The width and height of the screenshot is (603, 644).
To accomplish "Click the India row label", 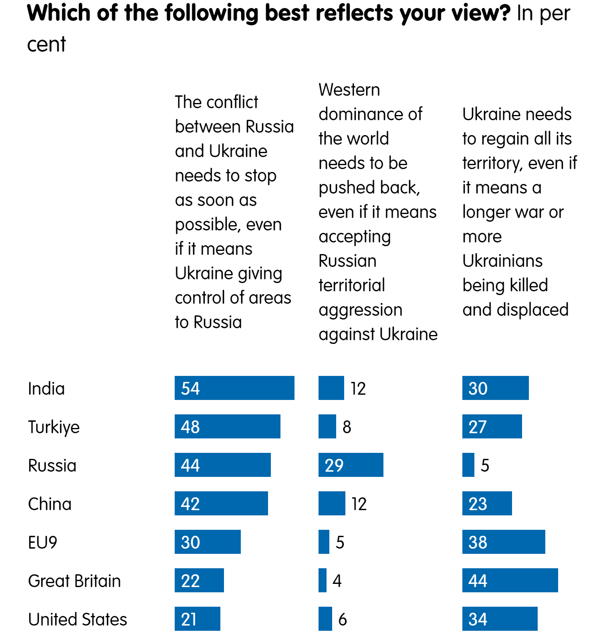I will click(46, 389).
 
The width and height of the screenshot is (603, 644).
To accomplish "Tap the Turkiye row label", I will click(54, 427).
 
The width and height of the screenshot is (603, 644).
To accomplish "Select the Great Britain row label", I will click(74, 581).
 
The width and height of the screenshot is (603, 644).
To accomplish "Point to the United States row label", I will click(77, 620).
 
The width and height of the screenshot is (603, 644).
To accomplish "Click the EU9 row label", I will click(42, 543).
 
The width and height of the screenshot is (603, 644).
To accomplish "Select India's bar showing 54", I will click(234, 388).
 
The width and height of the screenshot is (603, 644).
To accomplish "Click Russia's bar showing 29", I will click(351, 465).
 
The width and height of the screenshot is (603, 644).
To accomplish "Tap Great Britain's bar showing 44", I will click(510, 580).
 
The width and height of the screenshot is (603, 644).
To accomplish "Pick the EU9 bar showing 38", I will click(503, 542).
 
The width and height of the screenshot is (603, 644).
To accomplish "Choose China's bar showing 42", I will click(221, 503).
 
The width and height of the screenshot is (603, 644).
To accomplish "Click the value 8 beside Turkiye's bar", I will click(347, 427).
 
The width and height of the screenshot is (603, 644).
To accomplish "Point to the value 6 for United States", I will click(343, 620).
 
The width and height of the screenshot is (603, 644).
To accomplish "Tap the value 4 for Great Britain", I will click(337, 581).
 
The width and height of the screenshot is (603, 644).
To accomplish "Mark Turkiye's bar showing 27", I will click(492, 426).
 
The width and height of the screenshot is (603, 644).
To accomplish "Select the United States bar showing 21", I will click(197, 619).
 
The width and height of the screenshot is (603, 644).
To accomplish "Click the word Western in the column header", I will click(349, 90).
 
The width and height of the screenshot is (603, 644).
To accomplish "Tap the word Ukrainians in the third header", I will click(502, 261).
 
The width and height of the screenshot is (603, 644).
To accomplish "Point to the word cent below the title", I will click(46, 44).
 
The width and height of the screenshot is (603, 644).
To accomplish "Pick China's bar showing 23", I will click(487, 503).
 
